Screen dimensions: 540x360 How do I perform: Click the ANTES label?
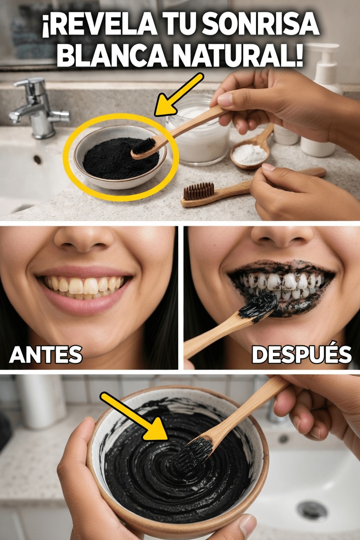pos(45,355)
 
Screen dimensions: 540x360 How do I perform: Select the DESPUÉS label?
pos(302,355)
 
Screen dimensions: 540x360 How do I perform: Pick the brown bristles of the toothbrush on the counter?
pos(198,191)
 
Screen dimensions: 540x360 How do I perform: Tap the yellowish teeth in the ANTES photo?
pos(84,286)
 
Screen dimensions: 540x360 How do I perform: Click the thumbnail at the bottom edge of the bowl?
pos(248,525)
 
